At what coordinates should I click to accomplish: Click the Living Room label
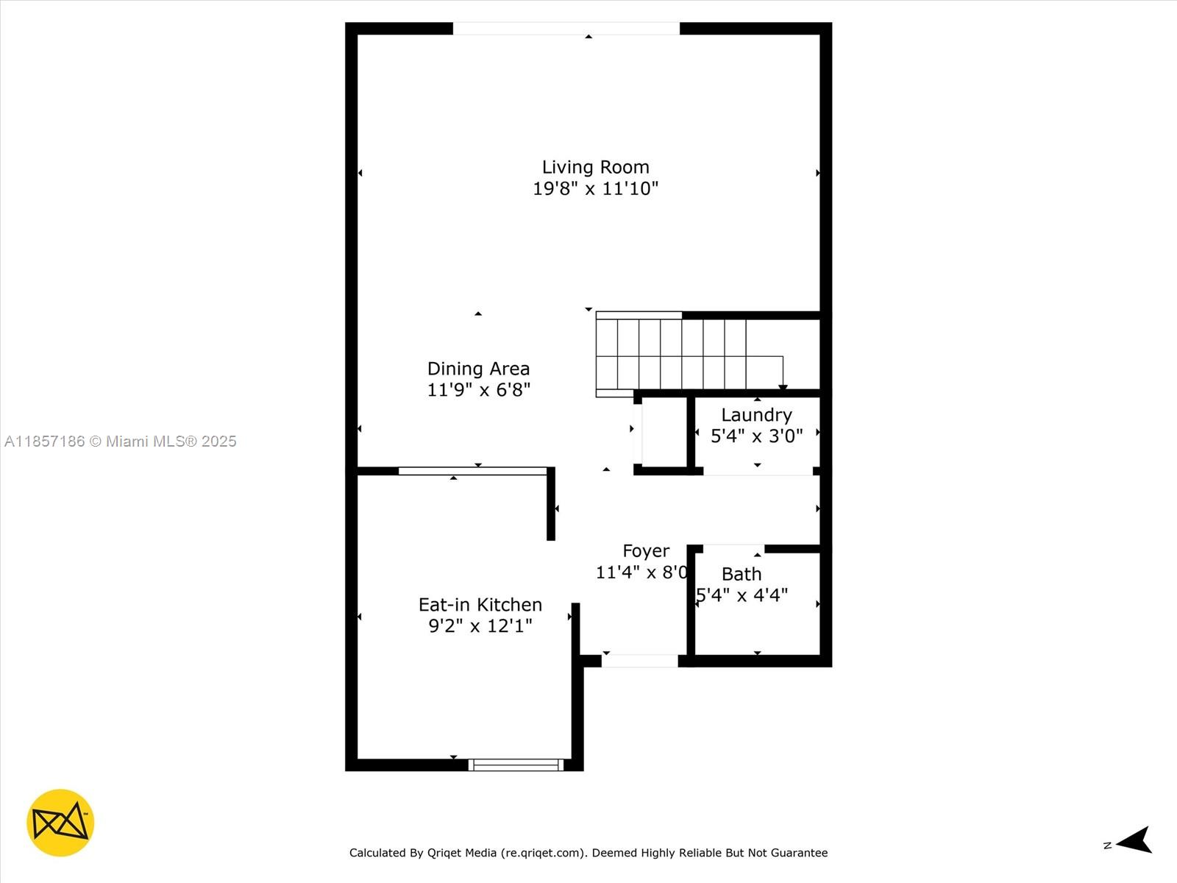pyautogui.click(x=595, y=167)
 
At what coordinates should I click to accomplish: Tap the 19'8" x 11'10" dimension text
pyautogui.click(x=595, y=188)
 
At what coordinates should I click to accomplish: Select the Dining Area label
pyautogui.click(x=478, y=369)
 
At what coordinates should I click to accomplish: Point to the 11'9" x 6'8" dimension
pyautogui.click(x=478, y=390)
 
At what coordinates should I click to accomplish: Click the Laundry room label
pyautogui.click(x=756, y=415)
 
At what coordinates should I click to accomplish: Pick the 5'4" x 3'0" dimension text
pyautogui.click(x=756, y=436)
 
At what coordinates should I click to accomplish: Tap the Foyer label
pyautogui.click(x=646, y=551)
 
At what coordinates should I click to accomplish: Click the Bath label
pyautogui.click(x=741, y=574)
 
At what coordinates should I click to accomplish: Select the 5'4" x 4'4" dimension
pyautogui.click(x=742, y=595)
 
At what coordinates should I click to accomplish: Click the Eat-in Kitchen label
pyautogui.click(x=480, y=605)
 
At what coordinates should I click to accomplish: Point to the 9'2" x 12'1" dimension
pyautogui.click(x=480, y=626)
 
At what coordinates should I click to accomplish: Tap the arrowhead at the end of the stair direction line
pyautogui.click(x=783, y=387)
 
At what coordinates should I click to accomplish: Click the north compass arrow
pyautogui.click(x=1134, y=840)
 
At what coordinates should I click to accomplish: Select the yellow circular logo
pyautogui.click(x=60, y=823)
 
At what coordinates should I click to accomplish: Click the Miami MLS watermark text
pyautogui.click(x=120, y=441)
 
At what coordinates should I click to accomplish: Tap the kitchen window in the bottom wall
pyautogui.click(x=516, y=765)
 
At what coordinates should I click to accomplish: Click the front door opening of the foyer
pyautogui.click(x=639, y=661)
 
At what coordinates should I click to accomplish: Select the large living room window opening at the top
pyautogui.click(x=566, y=29)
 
